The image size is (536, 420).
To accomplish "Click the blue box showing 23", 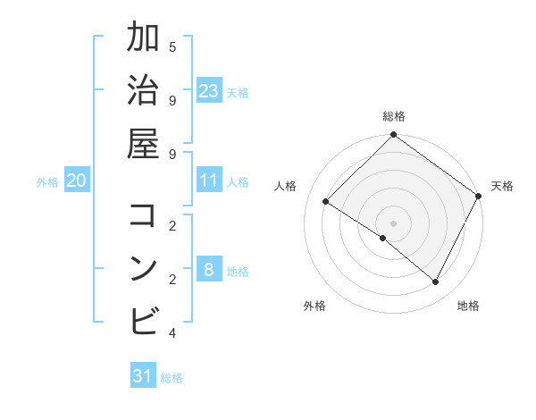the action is pyautogui.click(x=209, y=91).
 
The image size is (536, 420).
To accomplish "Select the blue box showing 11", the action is pyautogui.click(x=209, y=181).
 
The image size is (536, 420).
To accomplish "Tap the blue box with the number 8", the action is pyautogui.click(x=209, y=270).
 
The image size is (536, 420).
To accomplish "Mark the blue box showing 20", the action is pyautogui.click(x=76, y=181).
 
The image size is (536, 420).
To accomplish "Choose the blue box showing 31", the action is pyautogui.click(x=143, y=376).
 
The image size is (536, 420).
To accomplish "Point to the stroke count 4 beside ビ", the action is pyautogui.click(x=172, y=333).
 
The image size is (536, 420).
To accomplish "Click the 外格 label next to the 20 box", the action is pyautogui.click(x=47, y=182).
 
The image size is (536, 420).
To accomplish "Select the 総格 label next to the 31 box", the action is pyautogui.click(x=172, y=378).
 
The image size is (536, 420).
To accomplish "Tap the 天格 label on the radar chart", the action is pyautogui.click(x=502, y=186).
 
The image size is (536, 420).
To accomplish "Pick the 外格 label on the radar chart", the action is pyautogui.click(x=314, y=306).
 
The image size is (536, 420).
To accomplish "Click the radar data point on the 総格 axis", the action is pyautogui.click(x=393, y=136).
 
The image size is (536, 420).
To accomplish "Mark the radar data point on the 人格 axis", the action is pyautogui.click(x=326, y=202).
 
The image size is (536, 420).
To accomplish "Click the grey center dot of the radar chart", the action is pyautogui.click(x=393, y=223).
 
